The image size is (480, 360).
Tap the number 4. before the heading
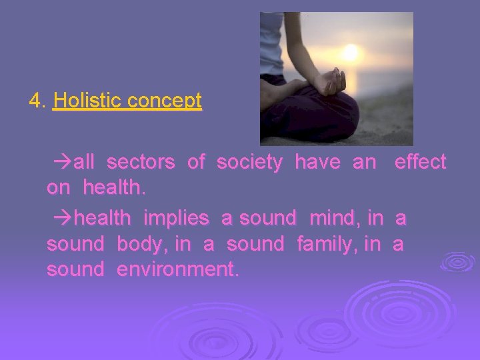pos(37,101)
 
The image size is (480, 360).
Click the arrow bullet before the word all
pos(61,163)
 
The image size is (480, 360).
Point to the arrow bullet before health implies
pos(61,219)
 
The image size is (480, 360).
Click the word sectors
pos(141,162)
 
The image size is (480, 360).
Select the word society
pos(249,162)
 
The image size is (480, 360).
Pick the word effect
pos(420,162)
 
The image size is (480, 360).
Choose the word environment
pos(177,271)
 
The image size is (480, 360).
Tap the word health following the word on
pos(113,189)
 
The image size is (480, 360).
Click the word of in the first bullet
pos(196,162)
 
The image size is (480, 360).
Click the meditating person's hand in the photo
pos(331,83)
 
